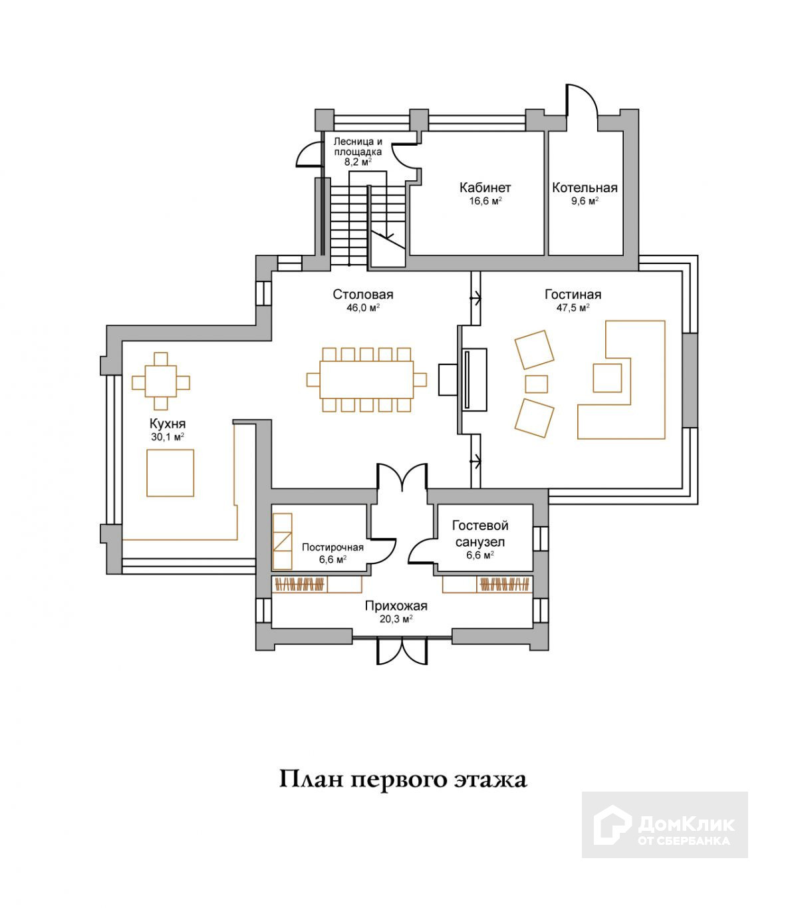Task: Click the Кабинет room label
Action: [485, 188]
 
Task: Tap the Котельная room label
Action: [585, 188]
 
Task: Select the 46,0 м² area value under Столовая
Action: [362, 307]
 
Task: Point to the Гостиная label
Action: [573, 295]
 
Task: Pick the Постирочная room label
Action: [332, 547]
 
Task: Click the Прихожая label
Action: [396, 606]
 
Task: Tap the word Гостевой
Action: [479, 526]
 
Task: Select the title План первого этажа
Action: [402, 779]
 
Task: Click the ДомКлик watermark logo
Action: [664, 824]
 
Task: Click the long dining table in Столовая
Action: [366, 379]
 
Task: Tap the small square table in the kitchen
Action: [161, 382]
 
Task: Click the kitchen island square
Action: [170, 473]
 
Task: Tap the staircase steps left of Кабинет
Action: [349, 223]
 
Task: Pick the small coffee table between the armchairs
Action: [537, 384]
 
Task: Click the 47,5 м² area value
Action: [573, 307]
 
